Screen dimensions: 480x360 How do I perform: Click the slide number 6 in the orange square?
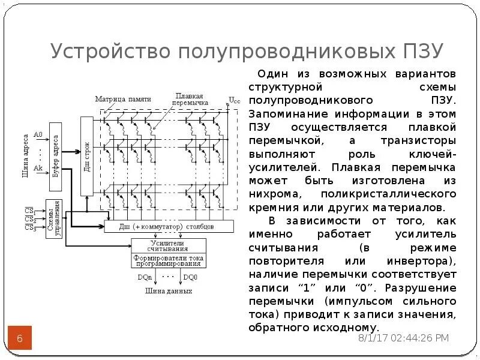19,340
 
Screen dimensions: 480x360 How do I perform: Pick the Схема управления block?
54,218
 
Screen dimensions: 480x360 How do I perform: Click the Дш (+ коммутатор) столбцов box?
167,227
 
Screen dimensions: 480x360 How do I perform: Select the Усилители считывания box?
168,246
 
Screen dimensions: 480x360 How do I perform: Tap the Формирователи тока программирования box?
168,260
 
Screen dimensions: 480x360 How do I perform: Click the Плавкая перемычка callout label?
190,99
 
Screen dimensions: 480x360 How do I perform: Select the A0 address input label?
38,134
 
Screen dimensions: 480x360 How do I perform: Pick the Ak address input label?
38,169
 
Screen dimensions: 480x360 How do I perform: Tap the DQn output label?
145,277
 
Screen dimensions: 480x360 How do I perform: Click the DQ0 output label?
191,277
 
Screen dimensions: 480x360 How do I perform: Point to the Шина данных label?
168,291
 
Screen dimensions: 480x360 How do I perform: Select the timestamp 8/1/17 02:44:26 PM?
403,338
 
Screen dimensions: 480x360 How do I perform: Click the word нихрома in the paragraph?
274,194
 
